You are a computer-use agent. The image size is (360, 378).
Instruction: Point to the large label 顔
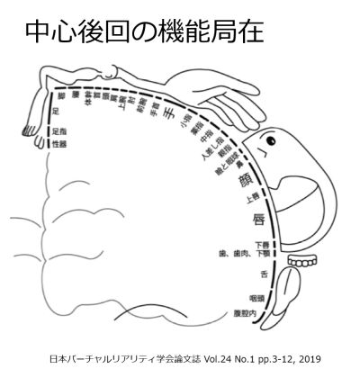pyautogui.click(x=244, y=181)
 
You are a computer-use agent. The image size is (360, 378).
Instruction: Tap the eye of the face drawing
pyautogui.click(x=266, y=141)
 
